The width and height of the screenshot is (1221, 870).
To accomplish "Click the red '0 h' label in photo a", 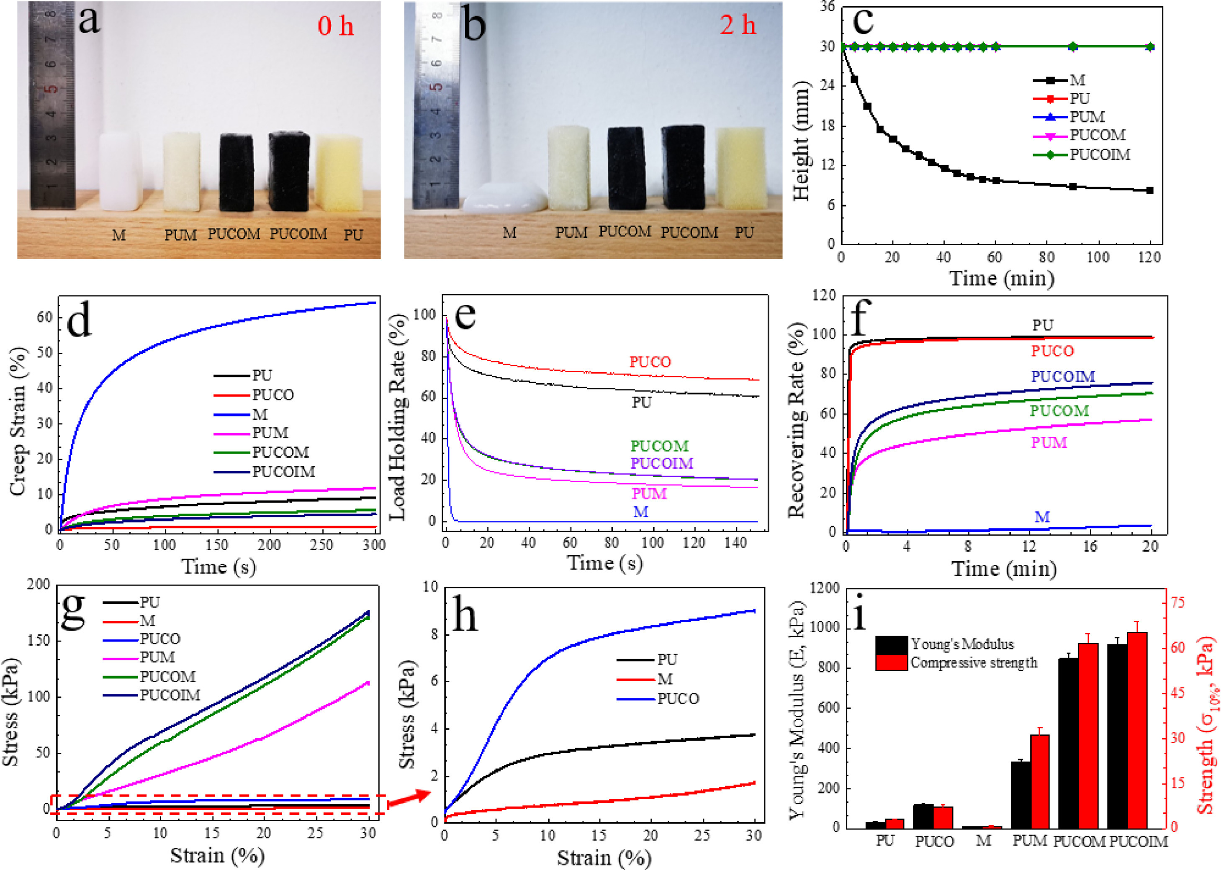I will tap(335, 26).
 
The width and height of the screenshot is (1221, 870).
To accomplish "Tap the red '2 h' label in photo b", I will tap(737, 25).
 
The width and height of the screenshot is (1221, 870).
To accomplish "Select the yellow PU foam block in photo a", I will tap(339, 172).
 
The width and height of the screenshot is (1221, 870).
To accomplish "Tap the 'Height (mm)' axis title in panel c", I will tap(801, 141).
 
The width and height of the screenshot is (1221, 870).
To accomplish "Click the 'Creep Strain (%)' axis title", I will tap(18, 421).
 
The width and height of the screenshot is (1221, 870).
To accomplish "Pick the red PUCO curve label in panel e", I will tap(650, 362).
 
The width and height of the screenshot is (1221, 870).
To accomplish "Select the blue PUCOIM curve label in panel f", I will tap(1063, 377).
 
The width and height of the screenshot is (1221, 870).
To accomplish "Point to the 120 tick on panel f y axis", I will tap(824, 295).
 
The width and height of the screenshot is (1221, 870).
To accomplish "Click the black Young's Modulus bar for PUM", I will tap(1020, 795).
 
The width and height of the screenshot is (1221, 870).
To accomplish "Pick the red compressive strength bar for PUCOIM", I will tap(1137, 730).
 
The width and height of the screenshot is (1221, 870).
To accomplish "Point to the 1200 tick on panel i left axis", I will tap(825, 588).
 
